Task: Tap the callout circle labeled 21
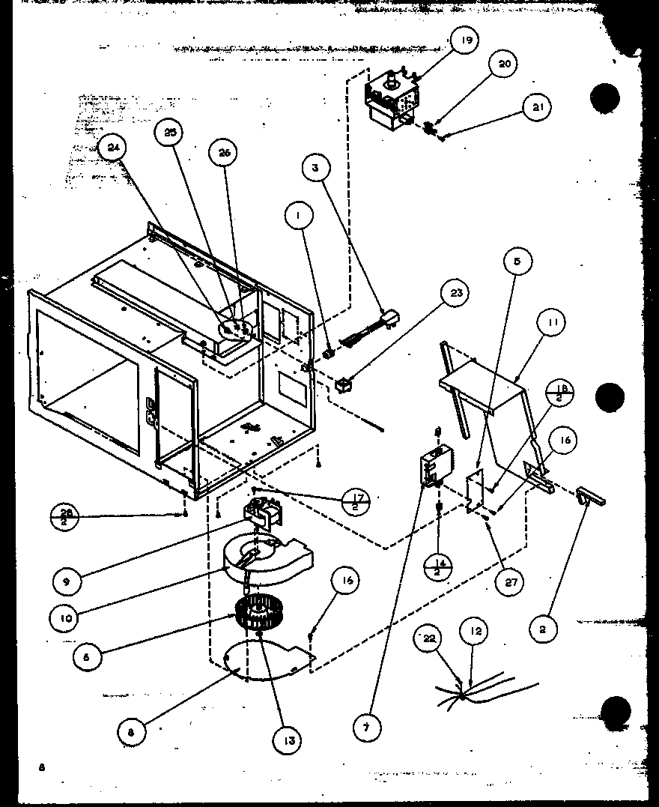538,106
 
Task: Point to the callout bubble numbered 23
455,294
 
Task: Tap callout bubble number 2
542,629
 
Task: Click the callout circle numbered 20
505,64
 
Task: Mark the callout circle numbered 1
300,217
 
